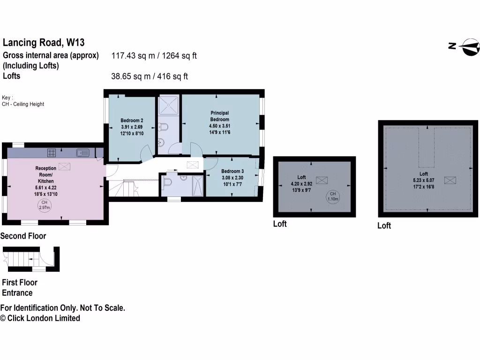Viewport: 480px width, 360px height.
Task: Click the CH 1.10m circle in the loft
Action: click(x=332, y=196)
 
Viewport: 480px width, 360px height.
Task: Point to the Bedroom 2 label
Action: click(x=132, y=120)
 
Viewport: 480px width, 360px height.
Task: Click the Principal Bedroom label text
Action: click(x=219, y=116)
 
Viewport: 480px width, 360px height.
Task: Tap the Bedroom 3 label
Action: click(x=232, y=171)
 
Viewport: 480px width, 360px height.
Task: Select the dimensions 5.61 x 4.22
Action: click(x=46, y=187)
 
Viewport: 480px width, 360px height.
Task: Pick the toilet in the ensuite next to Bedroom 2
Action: click(x=163, y=127)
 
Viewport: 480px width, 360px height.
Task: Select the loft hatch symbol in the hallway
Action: click(x=193, y=165)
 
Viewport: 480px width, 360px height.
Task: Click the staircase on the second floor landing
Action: click(x=125, y=188)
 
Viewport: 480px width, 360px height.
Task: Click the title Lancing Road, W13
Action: click(x=44, y=43)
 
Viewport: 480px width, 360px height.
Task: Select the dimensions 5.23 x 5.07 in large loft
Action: click(x=423, y=180)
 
